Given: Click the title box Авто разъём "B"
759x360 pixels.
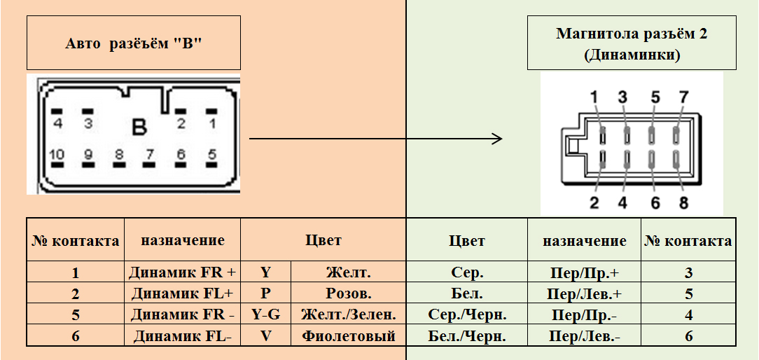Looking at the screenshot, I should point(133,43).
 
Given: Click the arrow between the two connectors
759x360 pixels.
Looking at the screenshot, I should point(376,138).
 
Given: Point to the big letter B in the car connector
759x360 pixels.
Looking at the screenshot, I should point(139,127).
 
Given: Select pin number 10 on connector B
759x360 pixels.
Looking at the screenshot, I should point(57,154).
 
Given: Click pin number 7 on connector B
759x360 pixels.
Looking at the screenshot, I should point(149,154).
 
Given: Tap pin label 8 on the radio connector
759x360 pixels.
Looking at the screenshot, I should point(683,203).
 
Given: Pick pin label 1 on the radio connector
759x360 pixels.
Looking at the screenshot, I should point(594,97).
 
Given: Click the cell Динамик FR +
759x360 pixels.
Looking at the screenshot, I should point(183,272).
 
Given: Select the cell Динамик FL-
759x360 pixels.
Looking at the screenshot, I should point(183,336).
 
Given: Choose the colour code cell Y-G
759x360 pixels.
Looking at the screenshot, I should point(266,314).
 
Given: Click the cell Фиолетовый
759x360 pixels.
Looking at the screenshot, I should point(349,336).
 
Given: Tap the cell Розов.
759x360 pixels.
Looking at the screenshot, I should point(349,293).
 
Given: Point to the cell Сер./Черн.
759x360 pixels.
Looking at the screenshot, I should point(467,314).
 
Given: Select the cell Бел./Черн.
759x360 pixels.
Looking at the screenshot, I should point(467,336).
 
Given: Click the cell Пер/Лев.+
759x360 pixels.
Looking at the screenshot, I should point(585,293).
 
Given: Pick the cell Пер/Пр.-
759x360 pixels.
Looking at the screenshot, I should point(585,314).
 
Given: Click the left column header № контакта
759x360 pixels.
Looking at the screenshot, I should point(76,240).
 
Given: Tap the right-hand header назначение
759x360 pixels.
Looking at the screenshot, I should point(585,240).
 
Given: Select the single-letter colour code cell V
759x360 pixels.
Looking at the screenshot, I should point(266,336).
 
